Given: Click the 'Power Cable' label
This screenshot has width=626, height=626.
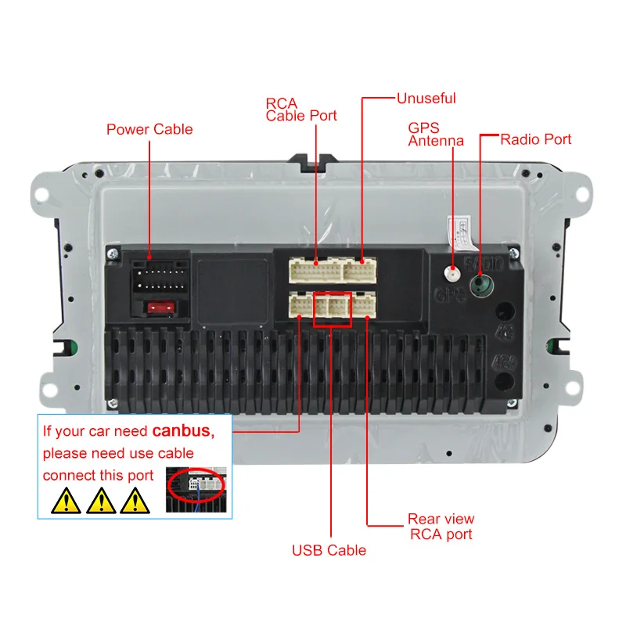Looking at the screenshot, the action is click(149, 129).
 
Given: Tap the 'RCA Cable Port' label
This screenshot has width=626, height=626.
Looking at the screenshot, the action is click(301, 110).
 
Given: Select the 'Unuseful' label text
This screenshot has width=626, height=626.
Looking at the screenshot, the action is click(426, 99).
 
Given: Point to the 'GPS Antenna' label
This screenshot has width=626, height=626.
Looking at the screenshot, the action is click(436, 134).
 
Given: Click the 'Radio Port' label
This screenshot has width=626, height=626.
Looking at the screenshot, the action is click(536, 139).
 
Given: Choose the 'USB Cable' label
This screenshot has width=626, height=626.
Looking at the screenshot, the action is click(329, 550).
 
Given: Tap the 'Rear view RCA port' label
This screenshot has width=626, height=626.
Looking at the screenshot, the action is click(441, 527).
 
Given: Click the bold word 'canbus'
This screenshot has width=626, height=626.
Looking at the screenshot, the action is click(182, 430).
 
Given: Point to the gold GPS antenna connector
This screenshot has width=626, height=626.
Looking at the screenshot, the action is click(452, 275).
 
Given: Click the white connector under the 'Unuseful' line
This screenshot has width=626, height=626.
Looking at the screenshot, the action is click(359, 271).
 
